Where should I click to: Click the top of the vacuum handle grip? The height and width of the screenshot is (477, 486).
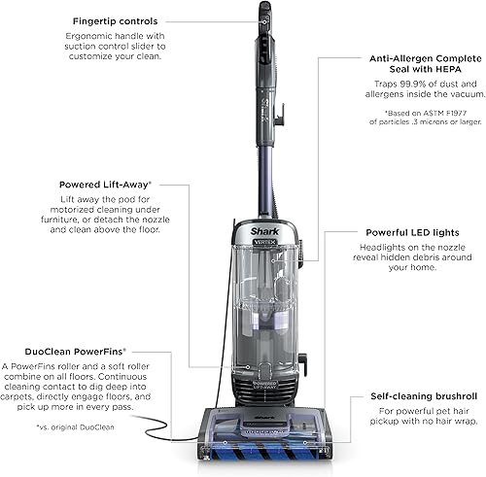coord(263,12)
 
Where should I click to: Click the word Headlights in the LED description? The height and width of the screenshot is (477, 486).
coord(376,250)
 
